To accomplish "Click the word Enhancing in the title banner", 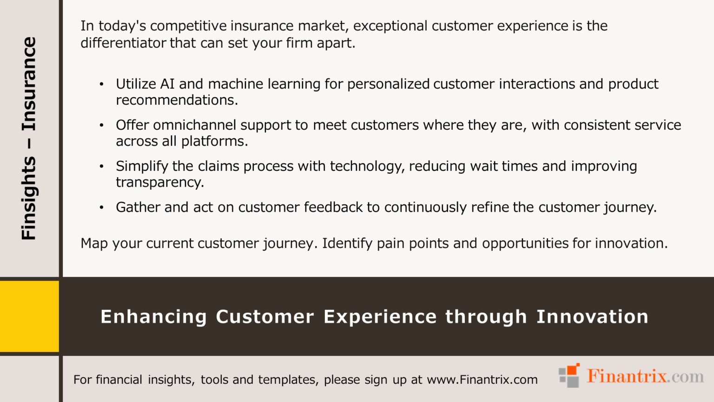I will coord(153,317).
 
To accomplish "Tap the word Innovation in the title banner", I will coord(592,317).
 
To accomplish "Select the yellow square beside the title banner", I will coord(29,316).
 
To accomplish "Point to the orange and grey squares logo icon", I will coord(569,375).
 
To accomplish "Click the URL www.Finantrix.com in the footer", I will coord(482,380).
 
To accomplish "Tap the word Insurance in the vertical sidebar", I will coord(29,84).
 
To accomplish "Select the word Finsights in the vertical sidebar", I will coord(29,198).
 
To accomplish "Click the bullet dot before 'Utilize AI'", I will coord(101,84).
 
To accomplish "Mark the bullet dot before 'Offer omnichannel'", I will coord(101,125).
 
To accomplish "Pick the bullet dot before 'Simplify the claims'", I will coord(101,166).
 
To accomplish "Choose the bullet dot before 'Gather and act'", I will coord(101,208).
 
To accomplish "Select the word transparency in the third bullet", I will coord(159,182).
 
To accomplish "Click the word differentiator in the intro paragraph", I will coord(123,43).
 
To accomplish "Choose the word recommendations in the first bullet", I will coord(176,100).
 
